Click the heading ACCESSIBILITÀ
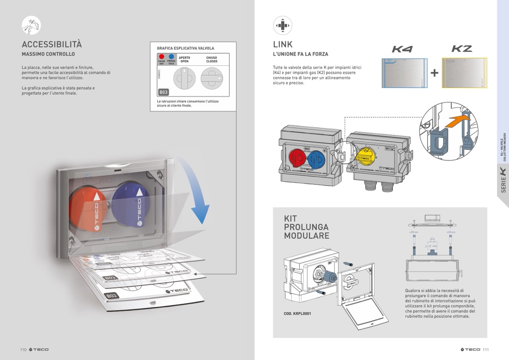52,44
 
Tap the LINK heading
283,44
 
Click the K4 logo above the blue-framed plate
402,49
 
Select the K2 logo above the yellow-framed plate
462,49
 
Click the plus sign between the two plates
434,73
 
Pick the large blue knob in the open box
130,205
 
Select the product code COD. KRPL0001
297,313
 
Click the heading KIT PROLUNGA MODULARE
306,227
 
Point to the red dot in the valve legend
161,56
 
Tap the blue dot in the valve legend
171,56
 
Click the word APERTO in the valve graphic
184,58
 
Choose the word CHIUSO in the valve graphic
212,58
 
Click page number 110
23,349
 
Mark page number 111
486,349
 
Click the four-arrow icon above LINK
282,26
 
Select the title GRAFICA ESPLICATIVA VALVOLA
185,48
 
